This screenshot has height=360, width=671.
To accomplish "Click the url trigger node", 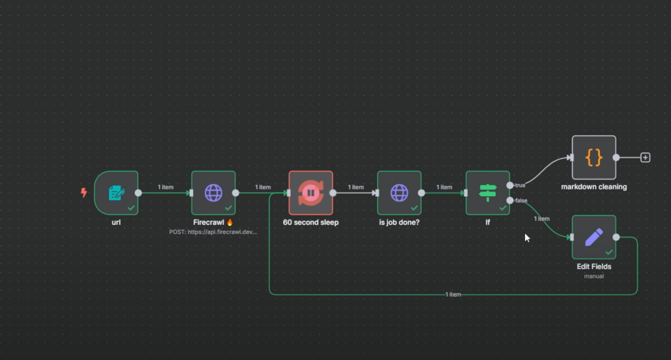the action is tap(116, 193).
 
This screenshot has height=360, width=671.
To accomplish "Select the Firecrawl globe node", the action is tap(213, 193).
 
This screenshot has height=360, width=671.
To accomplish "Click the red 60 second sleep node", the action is tap(311, 193).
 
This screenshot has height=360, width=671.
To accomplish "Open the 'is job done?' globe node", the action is tap(399, 193).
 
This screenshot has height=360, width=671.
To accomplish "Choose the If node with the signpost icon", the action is tap(487, 193).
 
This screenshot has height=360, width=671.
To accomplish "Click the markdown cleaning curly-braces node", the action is tap(594, 157).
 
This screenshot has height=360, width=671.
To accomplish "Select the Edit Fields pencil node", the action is tap(594, 237).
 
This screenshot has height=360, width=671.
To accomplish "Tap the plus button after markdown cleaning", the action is tap(645, 157).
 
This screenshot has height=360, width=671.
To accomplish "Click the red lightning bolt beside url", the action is tap(84, 192).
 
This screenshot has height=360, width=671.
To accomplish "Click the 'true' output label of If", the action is tap(520, 185).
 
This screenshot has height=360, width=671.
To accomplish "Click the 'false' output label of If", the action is tap(521, 200).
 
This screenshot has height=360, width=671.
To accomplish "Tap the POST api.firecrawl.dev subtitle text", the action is tap(213, 232).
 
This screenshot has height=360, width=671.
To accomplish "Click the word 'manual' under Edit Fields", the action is tap(594, 276).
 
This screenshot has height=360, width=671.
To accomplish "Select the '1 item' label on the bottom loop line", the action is tap(453, 294).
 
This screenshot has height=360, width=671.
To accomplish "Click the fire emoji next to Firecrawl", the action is tap(230, 222).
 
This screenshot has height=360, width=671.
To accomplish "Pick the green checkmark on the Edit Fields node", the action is tap(609, 252).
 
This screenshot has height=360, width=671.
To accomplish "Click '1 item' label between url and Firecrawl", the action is tap(165, 187).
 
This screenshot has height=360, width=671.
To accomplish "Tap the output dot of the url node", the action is tap(138, 193).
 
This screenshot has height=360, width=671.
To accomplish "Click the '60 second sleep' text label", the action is tap(311, 222).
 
